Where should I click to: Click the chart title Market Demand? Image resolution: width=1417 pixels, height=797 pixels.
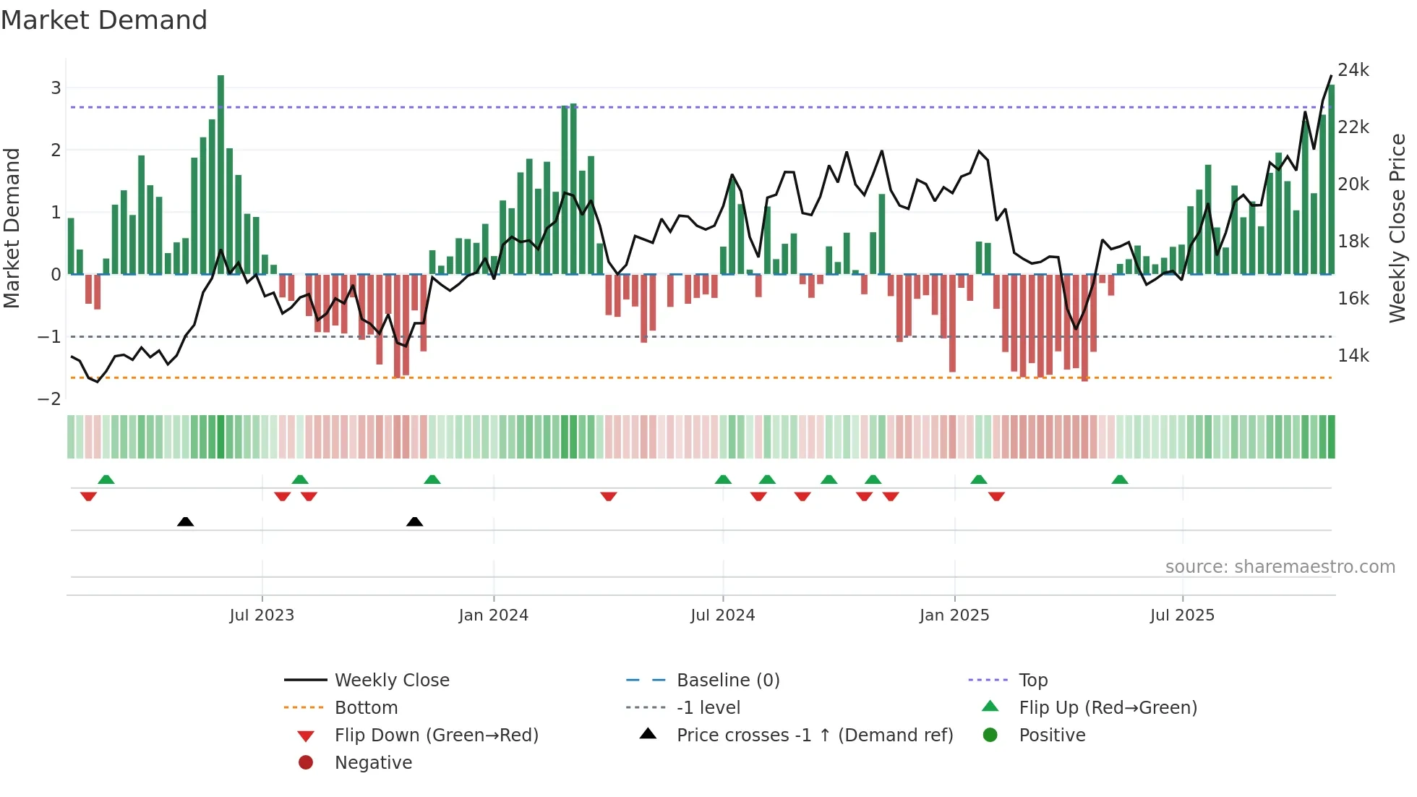pyautogui.click(x=104, y=20)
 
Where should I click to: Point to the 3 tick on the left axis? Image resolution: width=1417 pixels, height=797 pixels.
pyautogui.click(x=56, y=88)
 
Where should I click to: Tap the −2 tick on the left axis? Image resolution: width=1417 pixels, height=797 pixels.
pyautogui.click(x=49, y=399)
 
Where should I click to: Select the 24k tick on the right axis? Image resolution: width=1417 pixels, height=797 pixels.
pyautogui.click(x=1353, y=70)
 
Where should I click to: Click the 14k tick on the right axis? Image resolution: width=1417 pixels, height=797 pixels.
pyautogui.click(x=1353, y=356)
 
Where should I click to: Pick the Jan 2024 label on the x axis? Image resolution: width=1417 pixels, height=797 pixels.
pyautogui.click(x=493, y=615)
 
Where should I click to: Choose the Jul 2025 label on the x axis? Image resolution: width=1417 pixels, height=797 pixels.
pyautogui.click(x=1182, y=615)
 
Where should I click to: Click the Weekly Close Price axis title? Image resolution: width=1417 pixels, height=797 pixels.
pyautogui.click(x=1397, y=228)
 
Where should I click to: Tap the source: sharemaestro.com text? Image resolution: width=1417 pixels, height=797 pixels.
pyautogui.click(x=1280, y=567)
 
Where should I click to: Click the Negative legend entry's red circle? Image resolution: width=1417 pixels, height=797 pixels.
pyautogui.click(x=306, y=763)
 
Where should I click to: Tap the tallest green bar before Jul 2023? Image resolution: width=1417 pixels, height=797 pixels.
pyautogui.click(x=221, y=174)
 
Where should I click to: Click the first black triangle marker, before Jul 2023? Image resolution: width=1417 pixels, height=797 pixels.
pyautogui.click(x=185, y=521)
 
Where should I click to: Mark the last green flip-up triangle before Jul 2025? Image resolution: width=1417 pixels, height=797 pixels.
pyautogui.click(x=1119, y=480)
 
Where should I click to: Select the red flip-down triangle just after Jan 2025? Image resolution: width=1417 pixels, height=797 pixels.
pyautogui.click(x=996, y=496)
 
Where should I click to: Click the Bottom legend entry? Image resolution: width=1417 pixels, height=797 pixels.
pyautogui.click(x=366, y=708)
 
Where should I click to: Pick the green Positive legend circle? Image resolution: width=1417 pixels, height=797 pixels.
pyautogui.click(x=990, y=736)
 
